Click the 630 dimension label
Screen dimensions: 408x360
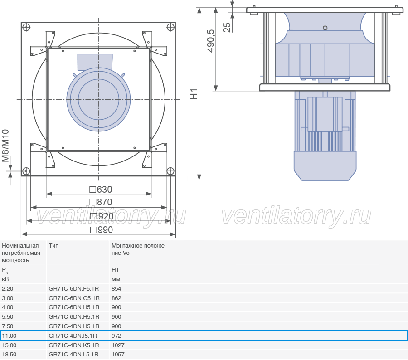pyautogui.click(x=101, y=190)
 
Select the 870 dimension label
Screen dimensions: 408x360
pyautogui.click(x=101, y=202)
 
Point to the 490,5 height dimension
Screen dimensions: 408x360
pyautogui.click(x=211, y=41)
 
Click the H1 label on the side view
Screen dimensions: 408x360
pyautogui.click(x=194, y=94)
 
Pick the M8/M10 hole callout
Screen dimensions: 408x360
pyautogui.click(x=5, y=146)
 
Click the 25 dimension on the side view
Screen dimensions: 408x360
pyautogui.click(x=227, y=27)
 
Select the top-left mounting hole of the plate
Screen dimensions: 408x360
pyautogui.click(x=26, y=27)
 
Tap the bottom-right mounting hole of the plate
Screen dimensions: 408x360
pyautogui.click(x=170, y=171)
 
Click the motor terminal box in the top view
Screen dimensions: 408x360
pyautogui.click(x=95, y=62)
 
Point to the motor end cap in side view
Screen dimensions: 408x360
pyautogui.click(x=325, y=165)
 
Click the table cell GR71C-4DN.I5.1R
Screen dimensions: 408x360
pyautogui.click(x=73, y=336)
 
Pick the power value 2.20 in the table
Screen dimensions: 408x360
pyautogui.click(x=8, y=289)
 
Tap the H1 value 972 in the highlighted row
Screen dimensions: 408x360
pyautogui.click(x=117, y=336)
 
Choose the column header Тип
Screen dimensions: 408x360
pyautogui.click(x=53, y=246)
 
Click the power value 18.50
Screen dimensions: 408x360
pyautogui.click(x=9, y=355)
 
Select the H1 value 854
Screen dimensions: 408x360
pyautogui.click(x=117, y=289)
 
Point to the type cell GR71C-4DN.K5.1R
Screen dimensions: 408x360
pyautogui.click(x=74, y=345)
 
